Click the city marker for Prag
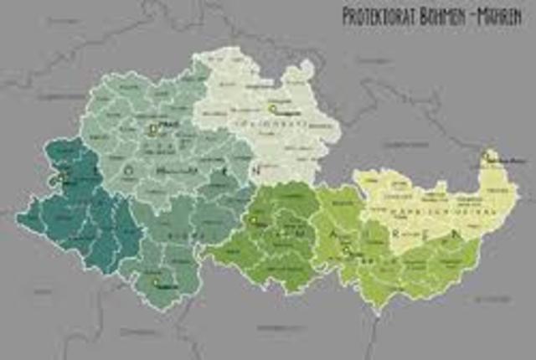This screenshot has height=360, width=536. click(152, 130)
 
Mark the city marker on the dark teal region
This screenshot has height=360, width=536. click(61, 177)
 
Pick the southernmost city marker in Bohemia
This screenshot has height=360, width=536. click(157, 283)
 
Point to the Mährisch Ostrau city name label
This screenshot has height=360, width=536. click(506, 158)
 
